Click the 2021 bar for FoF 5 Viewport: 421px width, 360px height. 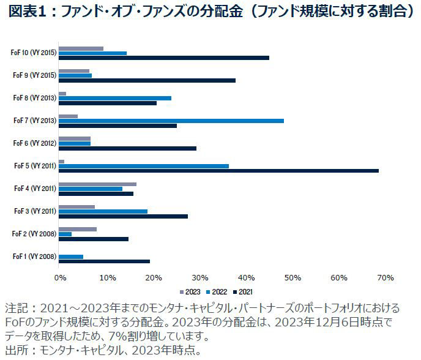pos(218,171)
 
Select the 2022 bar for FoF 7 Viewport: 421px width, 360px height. pos(171,121)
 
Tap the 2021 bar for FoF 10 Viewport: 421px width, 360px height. pos(164,58)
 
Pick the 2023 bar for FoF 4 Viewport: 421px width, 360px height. pos(97,184)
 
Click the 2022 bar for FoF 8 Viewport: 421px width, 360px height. pos(114,98)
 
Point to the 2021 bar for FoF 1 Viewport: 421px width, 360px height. pos(104,261)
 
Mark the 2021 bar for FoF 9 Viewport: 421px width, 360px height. pos(147,80)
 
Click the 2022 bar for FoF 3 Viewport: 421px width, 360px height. pos(103,211)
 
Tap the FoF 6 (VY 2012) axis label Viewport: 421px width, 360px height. pos(34,143)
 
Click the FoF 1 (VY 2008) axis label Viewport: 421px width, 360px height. pos(34,257)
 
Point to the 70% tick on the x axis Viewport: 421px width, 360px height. pos(386,278)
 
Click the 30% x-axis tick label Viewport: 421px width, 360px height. pos(199,278)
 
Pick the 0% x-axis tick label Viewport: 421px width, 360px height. pos(60,278)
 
